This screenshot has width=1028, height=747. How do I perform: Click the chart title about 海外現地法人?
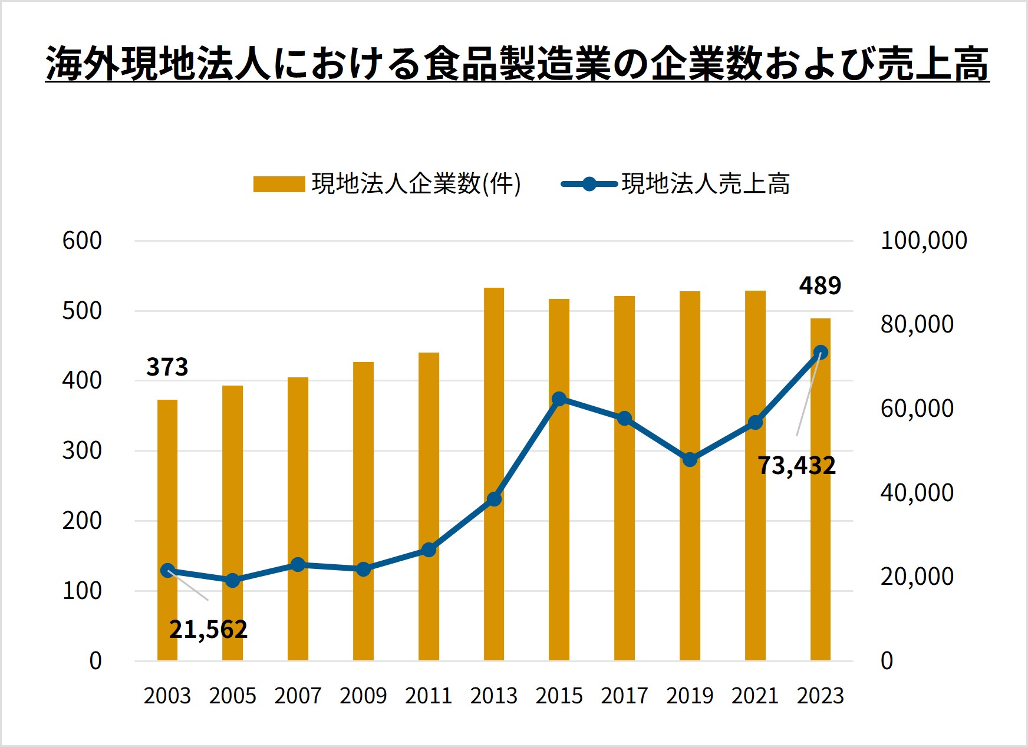(x=517, y=63)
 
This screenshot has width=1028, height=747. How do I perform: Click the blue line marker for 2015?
(x=559, y=399)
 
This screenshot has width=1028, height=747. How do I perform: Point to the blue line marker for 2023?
(x=821, y=353)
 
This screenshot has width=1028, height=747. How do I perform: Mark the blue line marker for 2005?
(x=233, y=580)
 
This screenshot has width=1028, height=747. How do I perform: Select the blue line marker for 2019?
(x=690, y=459)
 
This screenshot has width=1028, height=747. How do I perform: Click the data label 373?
(x=167, y=367)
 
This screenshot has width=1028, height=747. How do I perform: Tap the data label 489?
(x=820, y=286)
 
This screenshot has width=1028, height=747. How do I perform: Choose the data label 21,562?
(x=208, y=630)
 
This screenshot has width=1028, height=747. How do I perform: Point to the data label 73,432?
(x=796, y=466)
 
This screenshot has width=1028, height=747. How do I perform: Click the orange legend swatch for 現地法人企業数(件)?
(x=279, y=184)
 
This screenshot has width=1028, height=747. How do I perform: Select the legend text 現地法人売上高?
(x=706, y=184)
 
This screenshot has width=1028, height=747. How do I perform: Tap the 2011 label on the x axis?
(x=429, y=696)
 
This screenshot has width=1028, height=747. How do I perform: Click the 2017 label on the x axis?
(x=624, y=696)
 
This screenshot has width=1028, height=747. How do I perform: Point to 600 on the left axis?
(x=82, y=241)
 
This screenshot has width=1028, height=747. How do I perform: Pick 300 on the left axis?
(x=82, y=450)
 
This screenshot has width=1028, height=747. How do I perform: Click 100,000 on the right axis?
(x=924, y=241)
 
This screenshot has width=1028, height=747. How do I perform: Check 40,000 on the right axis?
(x=917, y=492)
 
